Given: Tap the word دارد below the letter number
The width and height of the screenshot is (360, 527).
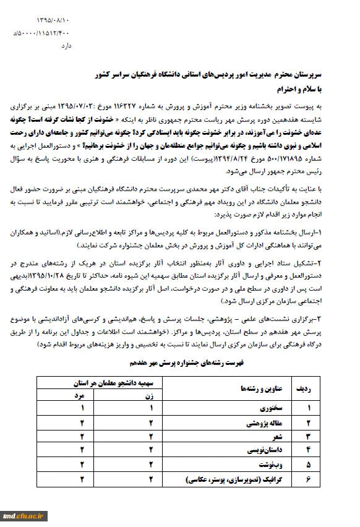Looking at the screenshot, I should tap(64, 45).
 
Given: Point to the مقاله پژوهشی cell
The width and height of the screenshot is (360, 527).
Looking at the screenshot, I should tap(263, 422).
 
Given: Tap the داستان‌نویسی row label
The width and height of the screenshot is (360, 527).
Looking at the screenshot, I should tap(262, 450).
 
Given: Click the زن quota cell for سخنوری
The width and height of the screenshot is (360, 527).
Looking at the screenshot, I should tap(150, 408).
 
